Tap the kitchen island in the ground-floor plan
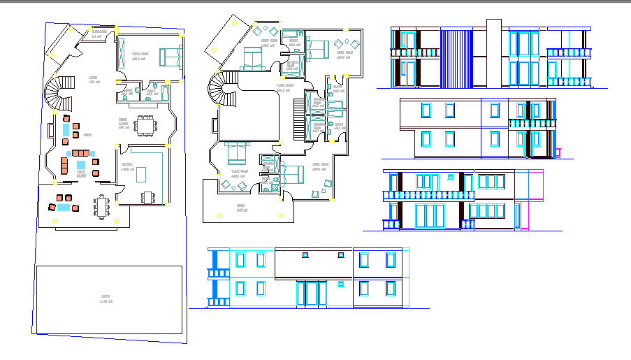(x=142, y=173)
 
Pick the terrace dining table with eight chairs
(x=102, y=206)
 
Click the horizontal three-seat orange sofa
(x=81, y=152)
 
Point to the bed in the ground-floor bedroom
(x=170, y=55)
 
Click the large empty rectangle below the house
(x=109, y=299)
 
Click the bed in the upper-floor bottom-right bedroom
(x=288, y=170)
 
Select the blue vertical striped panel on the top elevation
(x=458, y=59)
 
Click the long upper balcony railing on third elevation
(x=428, y=196)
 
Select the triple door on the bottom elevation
(x=312, y=292)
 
